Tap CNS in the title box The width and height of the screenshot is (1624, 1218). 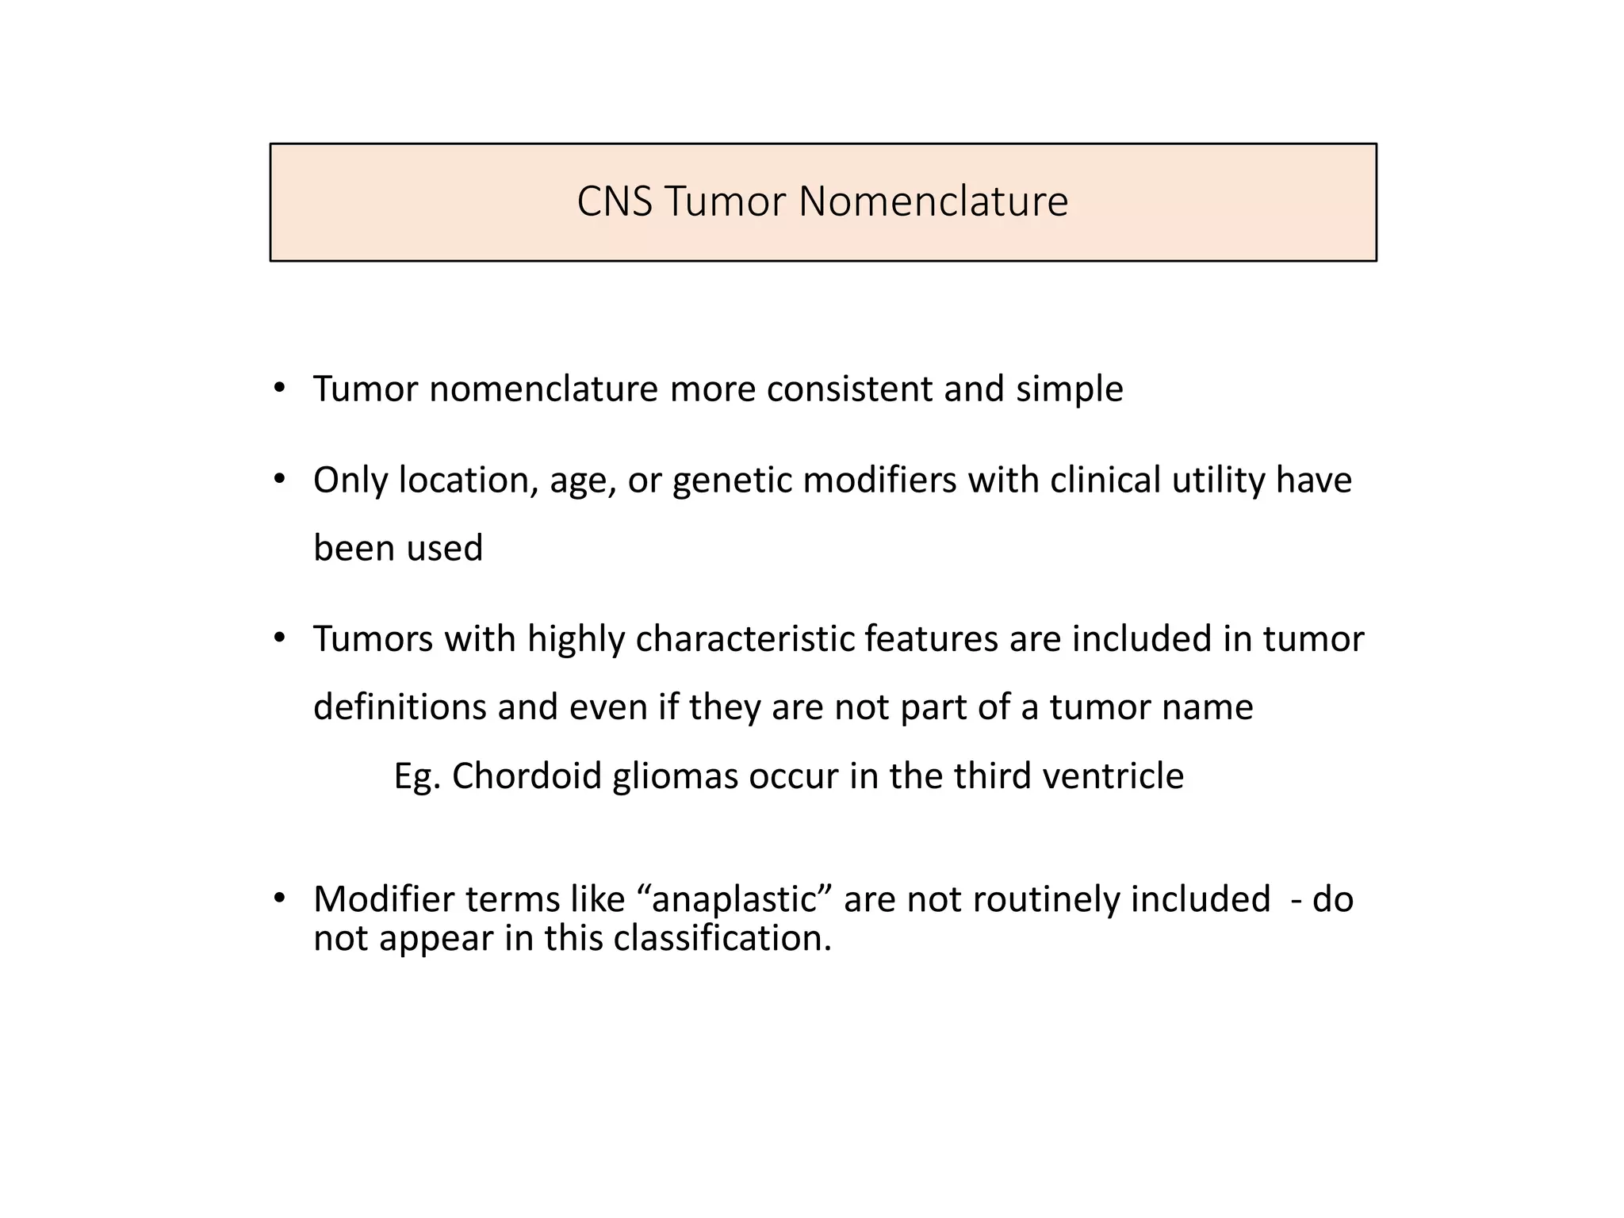[x=615, y=201]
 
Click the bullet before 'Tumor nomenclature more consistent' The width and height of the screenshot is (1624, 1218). [x=278, y=388]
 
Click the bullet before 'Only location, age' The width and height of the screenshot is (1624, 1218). [x=278, y=479]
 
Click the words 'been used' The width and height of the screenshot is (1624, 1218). [x=398, y=548]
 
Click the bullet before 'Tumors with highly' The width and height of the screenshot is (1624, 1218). [x=278, y=638]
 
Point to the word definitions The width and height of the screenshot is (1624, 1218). [x=400, y=707]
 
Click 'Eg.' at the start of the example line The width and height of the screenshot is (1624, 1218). [x=416, y=776]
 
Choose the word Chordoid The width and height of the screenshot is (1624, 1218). [x=527, y=776]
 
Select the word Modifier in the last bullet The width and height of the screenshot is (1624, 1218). [x=383, y=899]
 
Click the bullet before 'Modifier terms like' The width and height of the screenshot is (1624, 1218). [x=278, y=898]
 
